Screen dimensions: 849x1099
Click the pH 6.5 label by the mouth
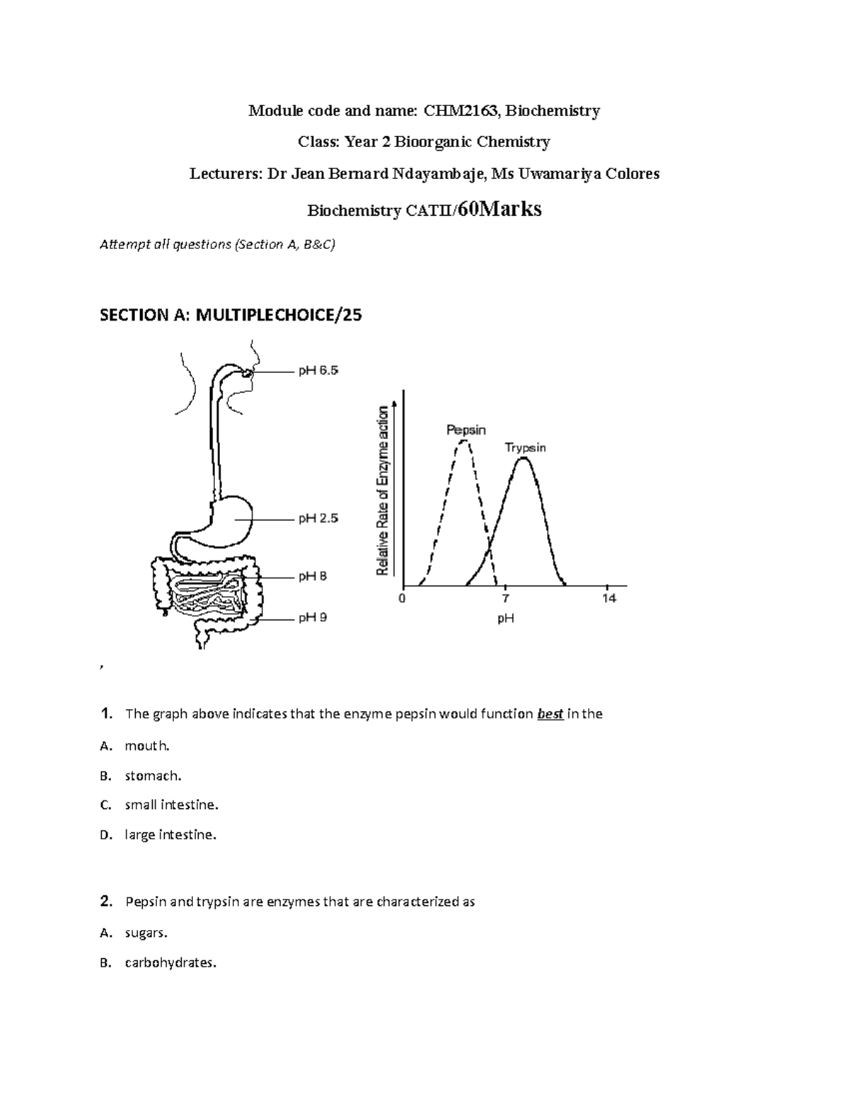[x=318, y=370]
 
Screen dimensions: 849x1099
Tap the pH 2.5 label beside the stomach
[x=318, y=519]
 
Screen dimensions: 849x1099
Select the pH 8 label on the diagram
[x=312, y=577]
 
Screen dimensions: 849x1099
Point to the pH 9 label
[x=312, y=618]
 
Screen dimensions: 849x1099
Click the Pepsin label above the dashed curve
[x=466, y=430]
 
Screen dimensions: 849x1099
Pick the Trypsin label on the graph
[x=525, y=448]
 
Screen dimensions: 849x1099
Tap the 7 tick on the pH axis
[x=505, y=599]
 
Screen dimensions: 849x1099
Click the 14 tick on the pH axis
[x=609, y=599]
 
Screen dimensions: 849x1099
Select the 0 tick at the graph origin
[x=402, y=599]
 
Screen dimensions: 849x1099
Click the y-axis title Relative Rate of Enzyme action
[x=383, y=490]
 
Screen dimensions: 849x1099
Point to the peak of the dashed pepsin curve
[x=464, y=442]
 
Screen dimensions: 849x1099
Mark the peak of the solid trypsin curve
[x=523, y=459]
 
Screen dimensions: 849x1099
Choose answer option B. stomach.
[x=153, y=776]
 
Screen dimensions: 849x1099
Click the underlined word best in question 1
[x=550, y=714]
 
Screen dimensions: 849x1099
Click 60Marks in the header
[x=499, y=209]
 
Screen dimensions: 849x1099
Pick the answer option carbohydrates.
[x=170, y=962]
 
